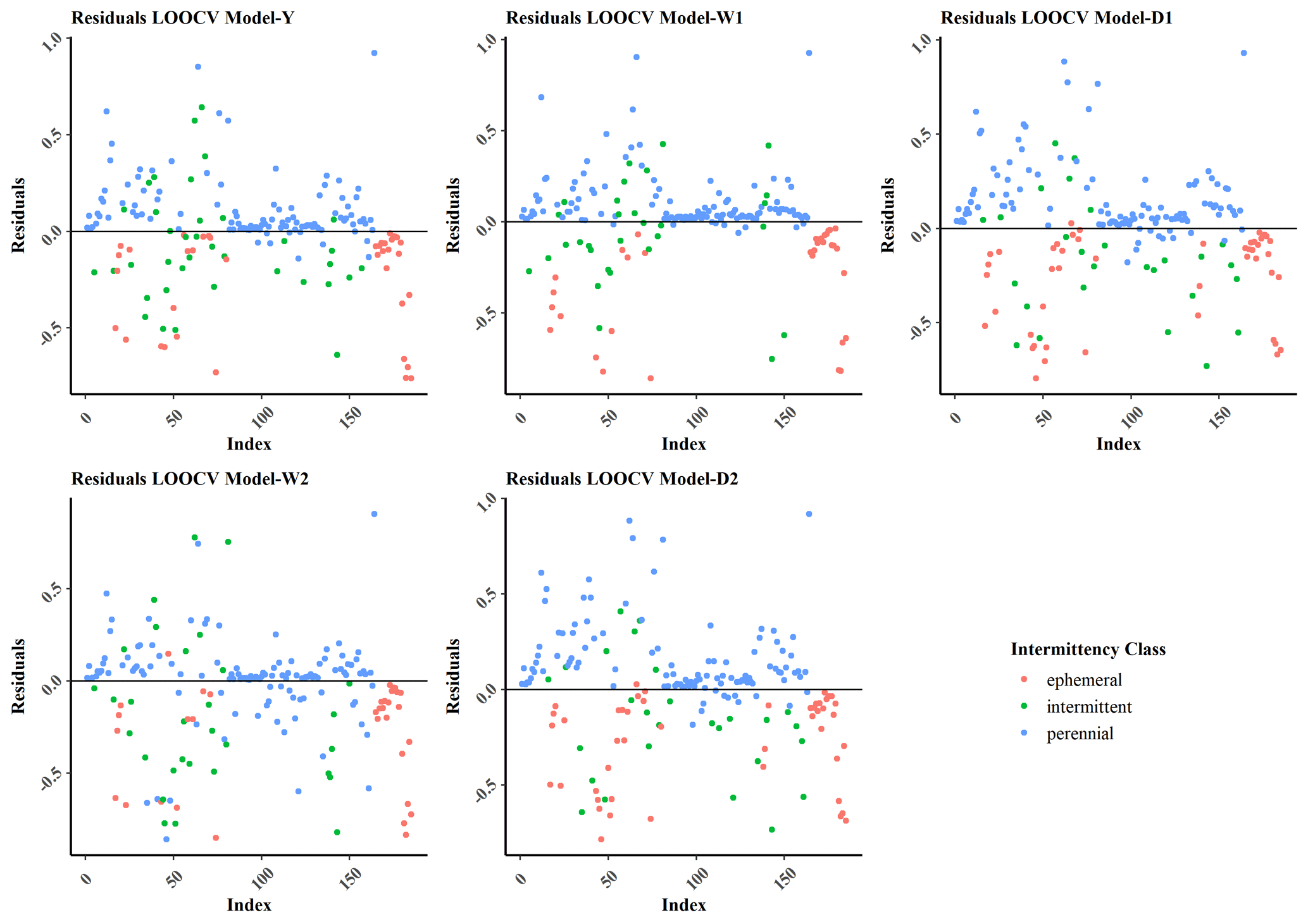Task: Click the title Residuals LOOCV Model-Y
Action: [182, 18]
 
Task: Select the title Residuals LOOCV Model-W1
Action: [624, 18]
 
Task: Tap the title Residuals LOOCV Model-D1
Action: [1056, 18]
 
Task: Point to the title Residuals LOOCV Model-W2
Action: [190, 479]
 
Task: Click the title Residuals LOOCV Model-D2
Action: [622, 479]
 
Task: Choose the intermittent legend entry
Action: [1088, 706]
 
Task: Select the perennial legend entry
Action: [1080, 734]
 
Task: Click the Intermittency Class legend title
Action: [1088, 649]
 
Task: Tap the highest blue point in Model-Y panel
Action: [374, 53]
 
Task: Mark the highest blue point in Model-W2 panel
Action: [374, 514]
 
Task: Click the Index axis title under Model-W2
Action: [249, 905]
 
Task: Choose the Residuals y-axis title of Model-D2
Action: [453, 676]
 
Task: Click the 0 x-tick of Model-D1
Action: [954, 417]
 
